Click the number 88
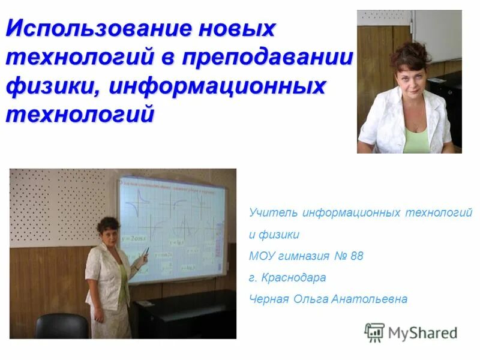click(356, 256)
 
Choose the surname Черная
click(269, 299)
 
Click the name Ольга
click(310, 299)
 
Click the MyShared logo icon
click(374, 332)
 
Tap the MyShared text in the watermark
click(422, 332)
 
